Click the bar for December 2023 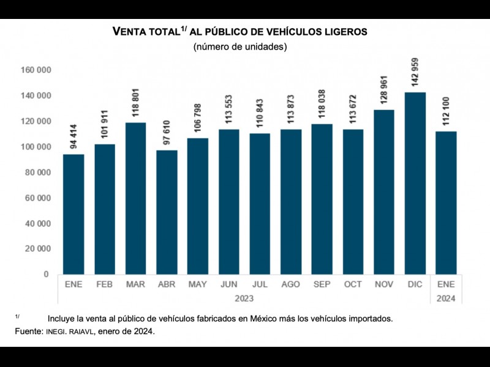click(415, 183)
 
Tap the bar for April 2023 click(167, 212)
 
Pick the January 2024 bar click(446, 202)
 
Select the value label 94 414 click(74, 135)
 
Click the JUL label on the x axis click(260, 285)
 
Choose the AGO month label click(291, 285)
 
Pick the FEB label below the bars click(105, 285)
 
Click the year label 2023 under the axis click(244, 298)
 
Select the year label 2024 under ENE click(446, 298)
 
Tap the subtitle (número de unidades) click(240, 47)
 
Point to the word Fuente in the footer click(28, 332)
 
